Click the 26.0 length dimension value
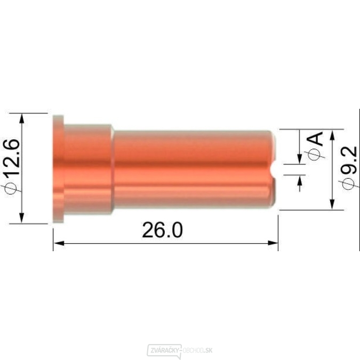pyautogui.click(x=162, y=230)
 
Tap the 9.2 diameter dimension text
pyautogui.click(x=349, y=160)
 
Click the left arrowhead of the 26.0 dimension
pyautogui.click(x=59, y=243)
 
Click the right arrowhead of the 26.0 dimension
pyautogui.click(x=273, y=243)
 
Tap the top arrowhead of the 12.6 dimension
pyautogui.click(x=21, y=119)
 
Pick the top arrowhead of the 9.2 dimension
pyautogui.click(x=332, y=135)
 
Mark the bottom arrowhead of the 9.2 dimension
pyautogui.click(x=332, y=204)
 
